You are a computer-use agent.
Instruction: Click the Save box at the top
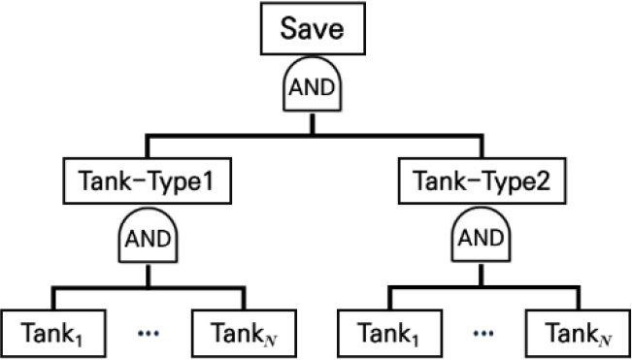coord(312,30)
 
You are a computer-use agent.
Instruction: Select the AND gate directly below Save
coord(312,88)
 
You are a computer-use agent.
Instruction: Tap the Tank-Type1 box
coord(147,180)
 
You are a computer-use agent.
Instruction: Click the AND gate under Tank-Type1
coord(147,238)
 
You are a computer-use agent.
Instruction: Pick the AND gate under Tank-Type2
coord(479,238)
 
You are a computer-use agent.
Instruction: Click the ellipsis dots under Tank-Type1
coord(148,332)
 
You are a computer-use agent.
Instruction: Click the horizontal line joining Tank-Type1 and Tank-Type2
coord(312,136)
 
